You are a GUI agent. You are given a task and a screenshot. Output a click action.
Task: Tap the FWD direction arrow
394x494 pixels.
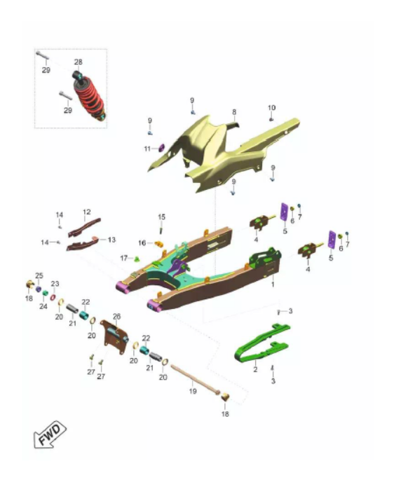(x=50, y=434)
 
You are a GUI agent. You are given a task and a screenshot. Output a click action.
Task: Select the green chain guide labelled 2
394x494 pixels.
(x=261, y=345)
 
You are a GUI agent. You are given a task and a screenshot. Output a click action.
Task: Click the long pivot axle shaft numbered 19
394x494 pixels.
(x=195, y=380)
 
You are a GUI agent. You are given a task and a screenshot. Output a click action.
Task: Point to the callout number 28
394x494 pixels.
(x=79, y=62)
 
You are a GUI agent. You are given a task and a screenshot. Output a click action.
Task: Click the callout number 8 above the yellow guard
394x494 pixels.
(x=234, y=112)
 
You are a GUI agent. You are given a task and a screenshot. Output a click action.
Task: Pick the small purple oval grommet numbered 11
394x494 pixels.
(x=162, y=147)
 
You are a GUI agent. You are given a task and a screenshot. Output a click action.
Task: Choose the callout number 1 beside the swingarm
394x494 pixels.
(x=273, y=284)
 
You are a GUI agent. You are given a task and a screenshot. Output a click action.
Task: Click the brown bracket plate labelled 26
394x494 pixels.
(x=114, y=337)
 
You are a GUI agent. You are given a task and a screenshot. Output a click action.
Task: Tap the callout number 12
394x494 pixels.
(x=87, y=212)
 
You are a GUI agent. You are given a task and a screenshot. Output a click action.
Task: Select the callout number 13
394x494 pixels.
(x=111, y=240)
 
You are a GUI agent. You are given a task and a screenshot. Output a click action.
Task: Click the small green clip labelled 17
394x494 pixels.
(x=137, y=259)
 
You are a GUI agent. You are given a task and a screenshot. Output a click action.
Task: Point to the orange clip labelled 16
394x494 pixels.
(x=159, y=244)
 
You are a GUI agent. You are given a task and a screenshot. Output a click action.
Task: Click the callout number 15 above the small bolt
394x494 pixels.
(x=161, y=217)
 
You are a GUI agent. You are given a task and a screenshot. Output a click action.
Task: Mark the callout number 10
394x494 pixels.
(x=272, y=108)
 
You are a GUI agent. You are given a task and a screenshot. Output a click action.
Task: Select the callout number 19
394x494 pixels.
(x=193, y=391)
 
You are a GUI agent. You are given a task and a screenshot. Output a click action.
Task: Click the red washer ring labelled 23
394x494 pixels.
(x=53, y=297)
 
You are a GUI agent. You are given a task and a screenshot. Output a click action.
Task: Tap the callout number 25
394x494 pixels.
(x=39, y=275)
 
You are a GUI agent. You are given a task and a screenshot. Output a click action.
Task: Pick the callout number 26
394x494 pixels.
(x=116, y=316)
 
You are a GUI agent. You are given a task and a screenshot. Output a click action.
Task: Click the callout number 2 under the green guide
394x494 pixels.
(x=255, y=369)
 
